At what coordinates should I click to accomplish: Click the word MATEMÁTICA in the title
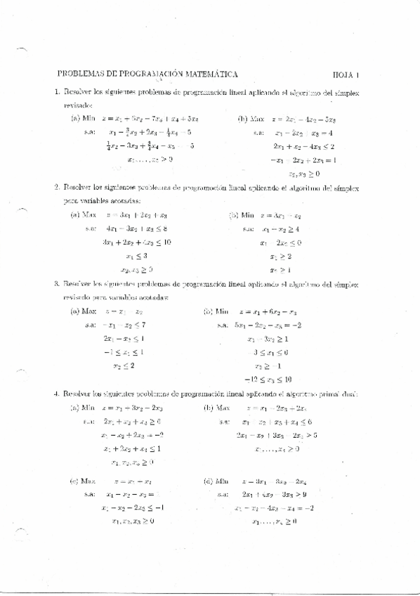[208, 73]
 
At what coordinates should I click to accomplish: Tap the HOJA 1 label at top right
[346, 74]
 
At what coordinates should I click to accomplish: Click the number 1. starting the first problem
[57, 92]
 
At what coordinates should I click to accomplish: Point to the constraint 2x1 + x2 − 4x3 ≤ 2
[303, 146]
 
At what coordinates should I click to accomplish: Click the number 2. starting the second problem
[57, 187]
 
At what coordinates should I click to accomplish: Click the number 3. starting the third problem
[57, 285]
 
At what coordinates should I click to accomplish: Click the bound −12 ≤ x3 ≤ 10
[272, 380]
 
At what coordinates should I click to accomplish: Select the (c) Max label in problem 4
[83, 481]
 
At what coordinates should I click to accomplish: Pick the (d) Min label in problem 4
[215, 481]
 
